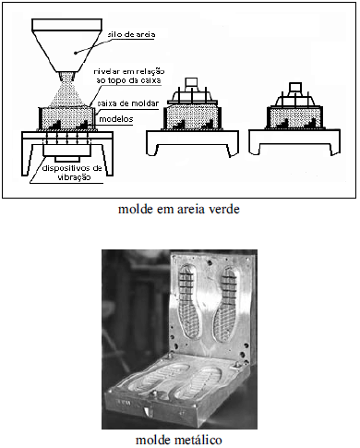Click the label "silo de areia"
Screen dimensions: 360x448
coord(131,34)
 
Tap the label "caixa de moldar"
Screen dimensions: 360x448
coord(127,103)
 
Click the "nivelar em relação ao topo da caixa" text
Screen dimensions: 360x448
coord(129,76)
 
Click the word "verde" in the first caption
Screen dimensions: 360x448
coord(224,209)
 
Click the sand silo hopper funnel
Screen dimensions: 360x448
coord(67,45)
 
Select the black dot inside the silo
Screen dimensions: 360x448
coord(76,53)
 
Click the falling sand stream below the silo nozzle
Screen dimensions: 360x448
coord(67,91)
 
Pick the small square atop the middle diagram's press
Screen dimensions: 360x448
coord(191,83)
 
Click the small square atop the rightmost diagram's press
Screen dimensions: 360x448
coord(295,88)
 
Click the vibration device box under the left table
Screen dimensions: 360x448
coord(67,150)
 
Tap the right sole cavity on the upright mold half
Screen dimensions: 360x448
coord(225,304)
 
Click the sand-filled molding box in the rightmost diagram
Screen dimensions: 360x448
coord(294,117)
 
